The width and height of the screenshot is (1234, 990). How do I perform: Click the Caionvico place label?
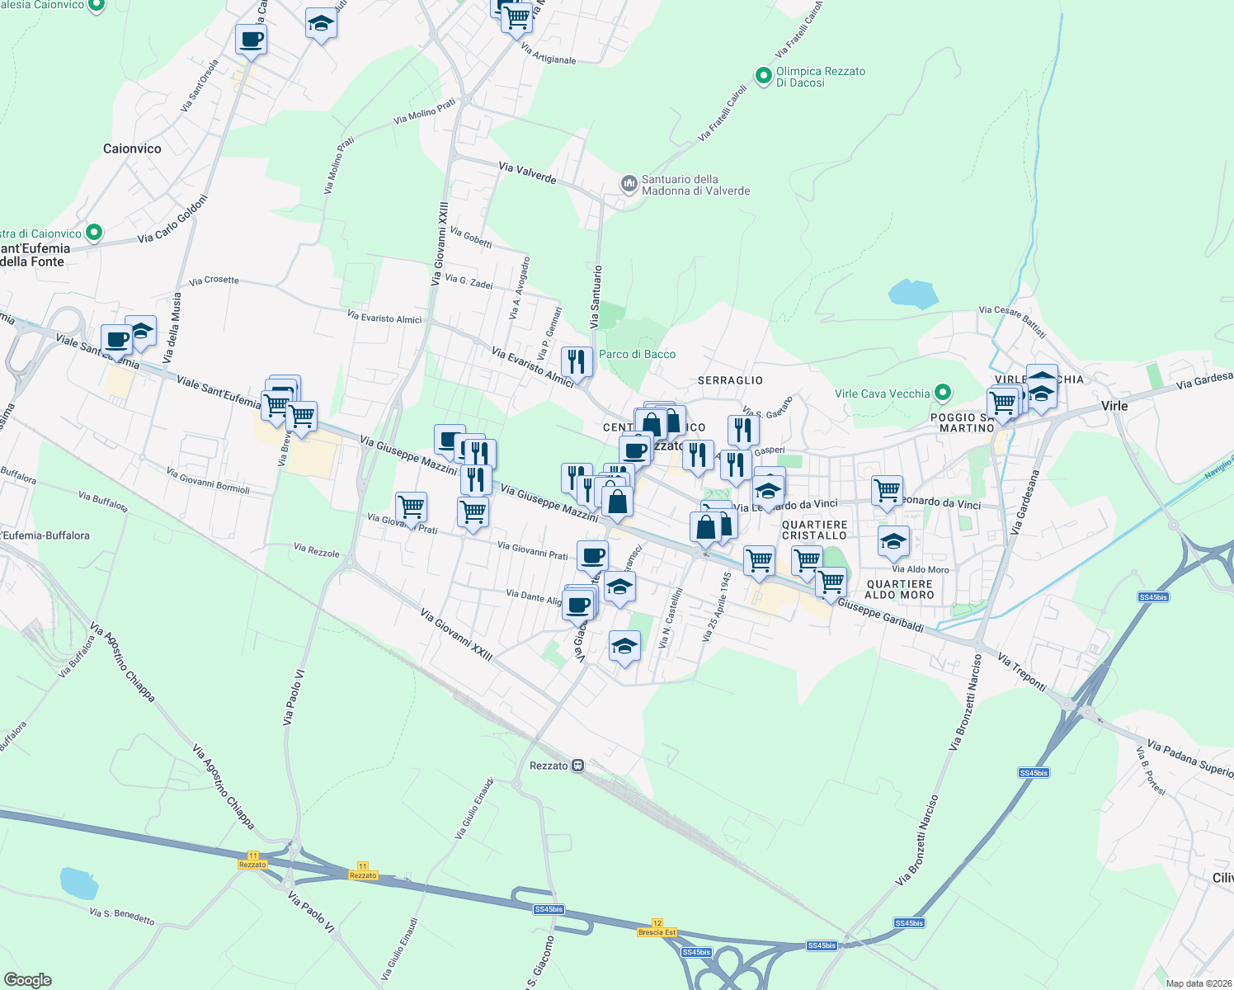tap(132, 148)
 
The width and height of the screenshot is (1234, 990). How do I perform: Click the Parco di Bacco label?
tap(637, 354)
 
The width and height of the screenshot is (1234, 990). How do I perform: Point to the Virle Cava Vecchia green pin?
tap(943, 394)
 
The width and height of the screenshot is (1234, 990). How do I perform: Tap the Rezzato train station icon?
tap(578, 766)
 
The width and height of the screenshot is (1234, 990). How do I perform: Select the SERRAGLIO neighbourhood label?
tap(730, 380)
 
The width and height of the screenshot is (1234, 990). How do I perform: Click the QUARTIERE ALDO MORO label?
tap(899, 589)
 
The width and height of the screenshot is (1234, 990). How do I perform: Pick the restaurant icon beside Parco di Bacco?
tap(577, 361)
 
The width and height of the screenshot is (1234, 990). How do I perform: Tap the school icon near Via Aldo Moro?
tap(893, 541)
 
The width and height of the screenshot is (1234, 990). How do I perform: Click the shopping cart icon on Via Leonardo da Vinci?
tap(887, 490)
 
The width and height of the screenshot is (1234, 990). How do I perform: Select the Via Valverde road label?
tap(527, 172)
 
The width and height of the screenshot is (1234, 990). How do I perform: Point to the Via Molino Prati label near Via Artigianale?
tap(424, 112)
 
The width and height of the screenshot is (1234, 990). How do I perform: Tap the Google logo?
tap(28, 979)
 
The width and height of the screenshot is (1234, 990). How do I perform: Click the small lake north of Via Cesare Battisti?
tap(913, 294)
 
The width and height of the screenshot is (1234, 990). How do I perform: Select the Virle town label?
tap(1114, 406)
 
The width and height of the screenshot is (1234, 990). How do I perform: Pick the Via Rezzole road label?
tap(316, 550)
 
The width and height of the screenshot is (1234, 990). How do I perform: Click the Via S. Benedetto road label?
tap(121, 916)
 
